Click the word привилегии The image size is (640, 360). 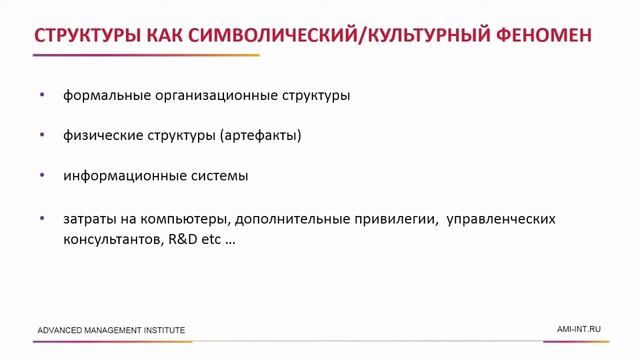tap(389, 218)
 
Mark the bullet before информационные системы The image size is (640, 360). tap(42, 175)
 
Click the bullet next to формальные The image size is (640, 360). tap(42, 96)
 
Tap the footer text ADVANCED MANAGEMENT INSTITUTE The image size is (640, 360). tap(111, 330)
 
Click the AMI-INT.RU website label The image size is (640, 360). tap(579, 329)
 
